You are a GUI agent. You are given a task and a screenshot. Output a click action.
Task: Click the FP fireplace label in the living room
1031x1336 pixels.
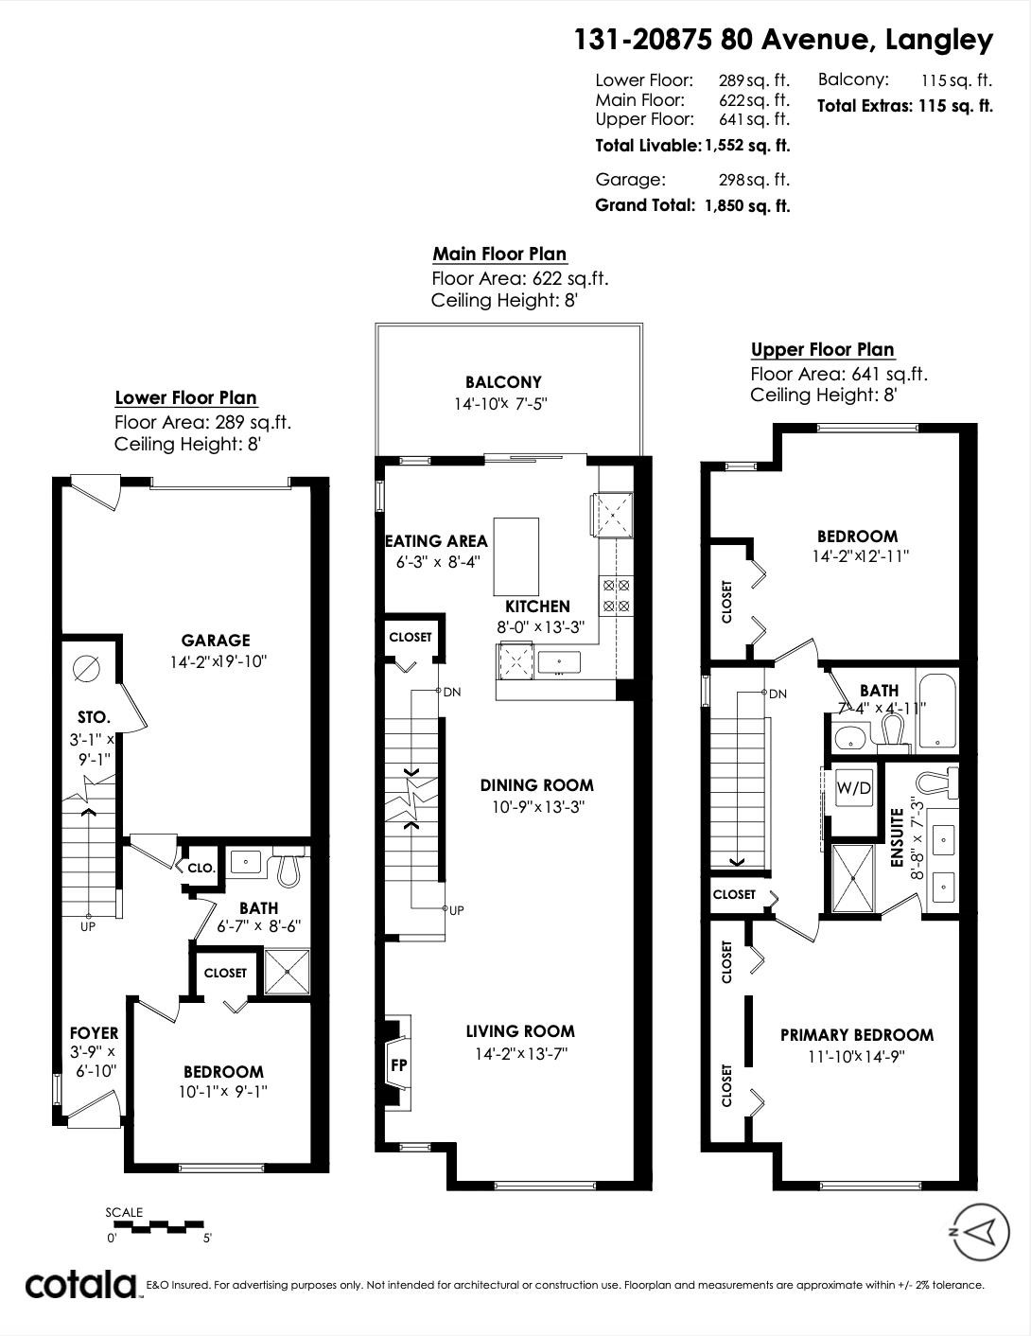(399, 1064)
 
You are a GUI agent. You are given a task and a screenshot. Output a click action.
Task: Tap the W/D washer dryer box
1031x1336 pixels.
(853, 787)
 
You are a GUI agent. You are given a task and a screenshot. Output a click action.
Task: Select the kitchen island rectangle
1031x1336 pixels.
(516, 556)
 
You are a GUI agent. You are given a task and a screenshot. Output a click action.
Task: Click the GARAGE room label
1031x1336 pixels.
(216, 640)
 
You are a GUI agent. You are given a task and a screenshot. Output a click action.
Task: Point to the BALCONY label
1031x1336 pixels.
(503, 382)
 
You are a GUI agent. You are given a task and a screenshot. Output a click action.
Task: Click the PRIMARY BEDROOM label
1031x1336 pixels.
(857, 1035)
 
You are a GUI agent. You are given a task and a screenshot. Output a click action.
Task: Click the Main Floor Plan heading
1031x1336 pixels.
(499, 254)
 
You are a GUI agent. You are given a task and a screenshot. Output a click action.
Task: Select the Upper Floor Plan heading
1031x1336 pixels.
(822, 349)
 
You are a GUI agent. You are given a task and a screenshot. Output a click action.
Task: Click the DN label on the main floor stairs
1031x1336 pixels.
(452, 692)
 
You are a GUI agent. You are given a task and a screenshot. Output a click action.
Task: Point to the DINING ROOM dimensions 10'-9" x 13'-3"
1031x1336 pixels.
(537, 806)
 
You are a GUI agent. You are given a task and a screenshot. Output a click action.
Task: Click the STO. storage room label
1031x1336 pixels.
(94, 717)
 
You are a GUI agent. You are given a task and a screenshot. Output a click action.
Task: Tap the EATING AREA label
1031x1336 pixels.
(436, 540)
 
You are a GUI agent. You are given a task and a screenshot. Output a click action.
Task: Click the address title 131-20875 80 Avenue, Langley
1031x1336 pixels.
(783, 40)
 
